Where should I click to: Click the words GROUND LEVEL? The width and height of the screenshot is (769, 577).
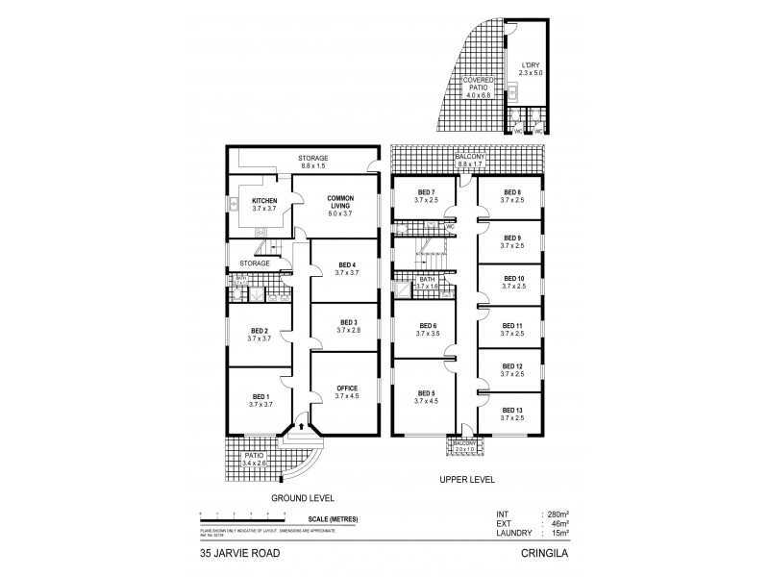(x=303, y=497)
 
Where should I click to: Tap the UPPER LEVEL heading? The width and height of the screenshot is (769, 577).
(x=467, y=477)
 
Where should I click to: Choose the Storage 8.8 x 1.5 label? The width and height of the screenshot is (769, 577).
(x=312, y=160)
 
